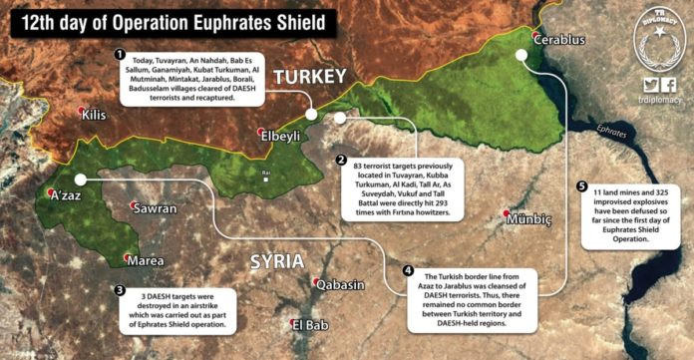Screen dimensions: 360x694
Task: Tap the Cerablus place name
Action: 560,41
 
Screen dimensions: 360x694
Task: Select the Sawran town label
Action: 154,208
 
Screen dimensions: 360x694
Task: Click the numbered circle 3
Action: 120,290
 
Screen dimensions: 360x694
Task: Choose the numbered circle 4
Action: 407,270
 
